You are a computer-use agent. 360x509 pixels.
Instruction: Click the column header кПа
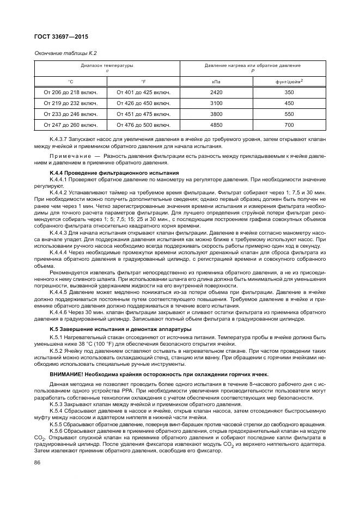click(x=216, y=81)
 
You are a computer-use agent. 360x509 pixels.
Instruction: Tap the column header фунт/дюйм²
click(x=289, y=81)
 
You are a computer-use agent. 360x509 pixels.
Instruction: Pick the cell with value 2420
click(x=216, y=92)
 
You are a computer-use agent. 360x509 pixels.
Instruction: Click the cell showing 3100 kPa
click(x=216, y=103)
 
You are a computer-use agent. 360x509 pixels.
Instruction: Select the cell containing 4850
click(x=216, y=125)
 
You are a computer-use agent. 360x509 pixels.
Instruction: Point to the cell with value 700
click(x=289, y=125)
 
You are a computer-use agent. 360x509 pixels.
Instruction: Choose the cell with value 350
click(x=289, y=92)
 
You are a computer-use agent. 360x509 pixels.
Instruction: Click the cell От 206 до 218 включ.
click(x=71, y=92)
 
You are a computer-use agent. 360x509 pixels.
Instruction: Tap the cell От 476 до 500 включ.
click(x=144, y=125)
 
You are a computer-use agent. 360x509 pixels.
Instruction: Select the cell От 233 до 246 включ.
click(x=71, y=114)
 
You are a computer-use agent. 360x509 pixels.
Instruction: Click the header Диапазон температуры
click(x=107, y=65)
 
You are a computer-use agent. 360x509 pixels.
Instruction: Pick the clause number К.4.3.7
click(x=59, y=140)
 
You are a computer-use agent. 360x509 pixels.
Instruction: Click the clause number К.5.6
click(x=56, y=431)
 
